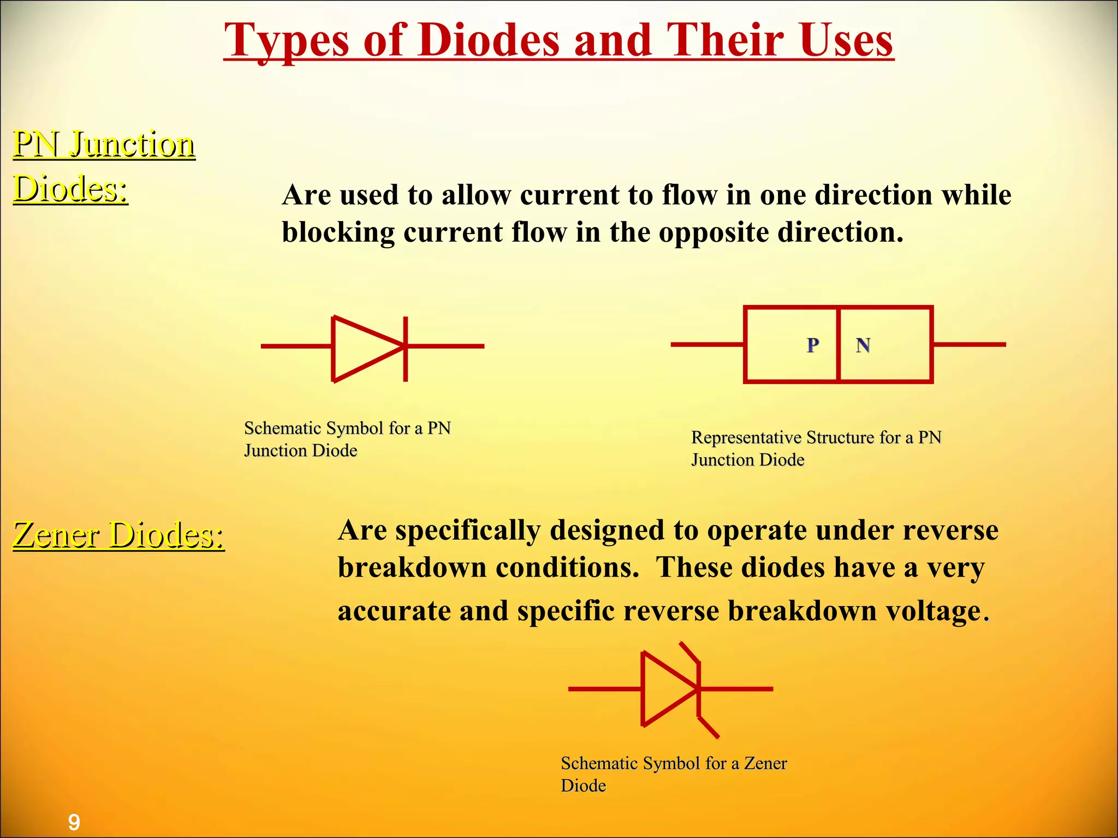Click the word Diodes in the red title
click(489, 41)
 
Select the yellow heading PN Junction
click(104, 145)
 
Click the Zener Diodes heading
click(118, 535)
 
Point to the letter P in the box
click(813, 345)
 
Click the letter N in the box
click(863, 345)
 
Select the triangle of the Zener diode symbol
click(666, 689)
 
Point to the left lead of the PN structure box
click(707, 344)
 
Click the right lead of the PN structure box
click(969, 344)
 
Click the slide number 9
click(74, 822)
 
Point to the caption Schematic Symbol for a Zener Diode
click(673, 774)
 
